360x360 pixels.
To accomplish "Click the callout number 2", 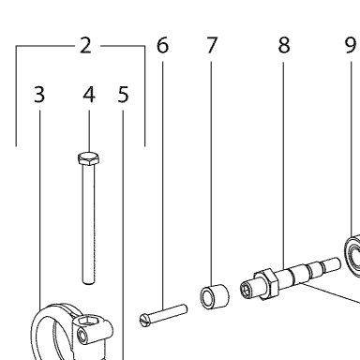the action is [85, 46].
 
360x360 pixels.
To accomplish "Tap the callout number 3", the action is [39, 95].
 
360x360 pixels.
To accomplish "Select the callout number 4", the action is [89, 95].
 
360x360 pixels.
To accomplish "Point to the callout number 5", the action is [123, 95].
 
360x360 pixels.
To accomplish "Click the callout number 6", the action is [162, 46].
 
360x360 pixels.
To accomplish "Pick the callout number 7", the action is [212, 46].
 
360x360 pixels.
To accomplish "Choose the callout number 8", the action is [284, 46].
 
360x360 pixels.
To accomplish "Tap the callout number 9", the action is [351, 46].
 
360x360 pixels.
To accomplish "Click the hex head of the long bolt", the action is [89, 158].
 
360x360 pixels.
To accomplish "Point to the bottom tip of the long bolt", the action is [88, 283].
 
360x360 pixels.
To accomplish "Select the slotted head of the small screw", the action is [144, 321].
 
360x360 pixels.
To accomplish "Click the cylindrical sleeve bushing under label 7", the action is [215, 296].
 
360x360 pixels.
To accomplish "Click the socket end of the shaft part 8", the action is [247, 289].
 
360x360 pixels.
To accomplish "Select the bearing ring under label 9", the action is [352, 256].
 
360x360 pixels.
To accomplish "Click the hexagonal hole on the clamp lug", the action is [88, 321].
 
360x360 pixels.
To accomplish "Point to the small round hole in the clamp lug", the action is [82, 337].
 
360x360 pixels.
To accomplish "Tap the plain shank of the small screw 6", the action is [168, 314].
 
